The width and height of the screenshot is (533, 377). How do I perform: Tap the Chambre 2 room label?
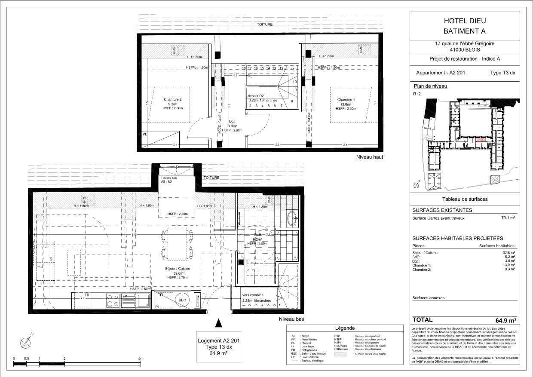click(173, 100)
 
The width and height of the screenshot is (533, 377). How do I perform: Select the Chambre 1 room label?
click(346, 100)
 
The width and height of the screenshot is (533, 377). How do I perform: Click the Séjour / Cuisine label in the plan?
click(178, 268)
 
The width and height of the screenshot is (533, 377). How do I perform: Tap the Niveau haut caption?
click(369, 157)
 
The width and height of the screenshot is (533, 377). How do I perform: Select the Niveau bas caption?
click(291, 319)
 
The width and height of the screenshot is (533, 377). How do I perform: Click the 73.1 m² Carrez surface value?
click(508, 218)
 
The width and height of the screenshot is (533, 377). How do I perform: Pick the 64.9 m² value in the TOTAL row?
click(505, 320)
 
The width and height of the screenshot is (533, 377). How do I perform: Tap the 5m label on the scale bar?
click(141, 358)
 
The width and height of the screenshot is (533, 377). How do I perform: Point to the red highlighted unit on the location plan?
click(479, 140)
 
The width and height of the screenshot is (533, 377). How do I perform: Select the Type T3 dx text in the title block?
click(502, 73)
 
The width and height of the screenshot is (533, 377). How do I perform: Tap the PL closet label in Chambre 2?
click(144, 134)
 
